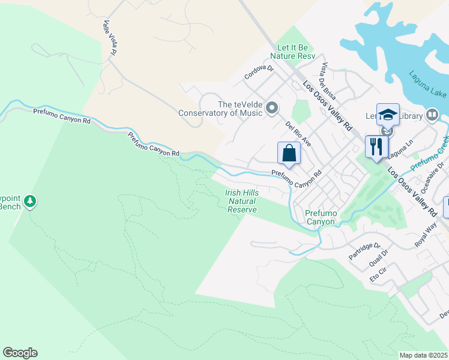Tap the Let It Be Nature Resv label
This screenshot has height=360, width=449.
pyautogui.click(x=295, y=52)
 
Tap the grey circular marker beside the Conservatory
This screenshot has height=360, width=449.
pyautogui.click(x=272, y=108)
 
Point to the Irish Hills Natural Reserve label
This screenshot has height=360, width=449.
pyautogui.click(x=242, y=202)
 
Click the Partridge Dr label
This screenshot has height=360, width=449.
pyautogui.click(x=365, y=251)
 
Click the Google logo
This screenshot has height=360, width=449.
pyautogui.click(x=20, y=353)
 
